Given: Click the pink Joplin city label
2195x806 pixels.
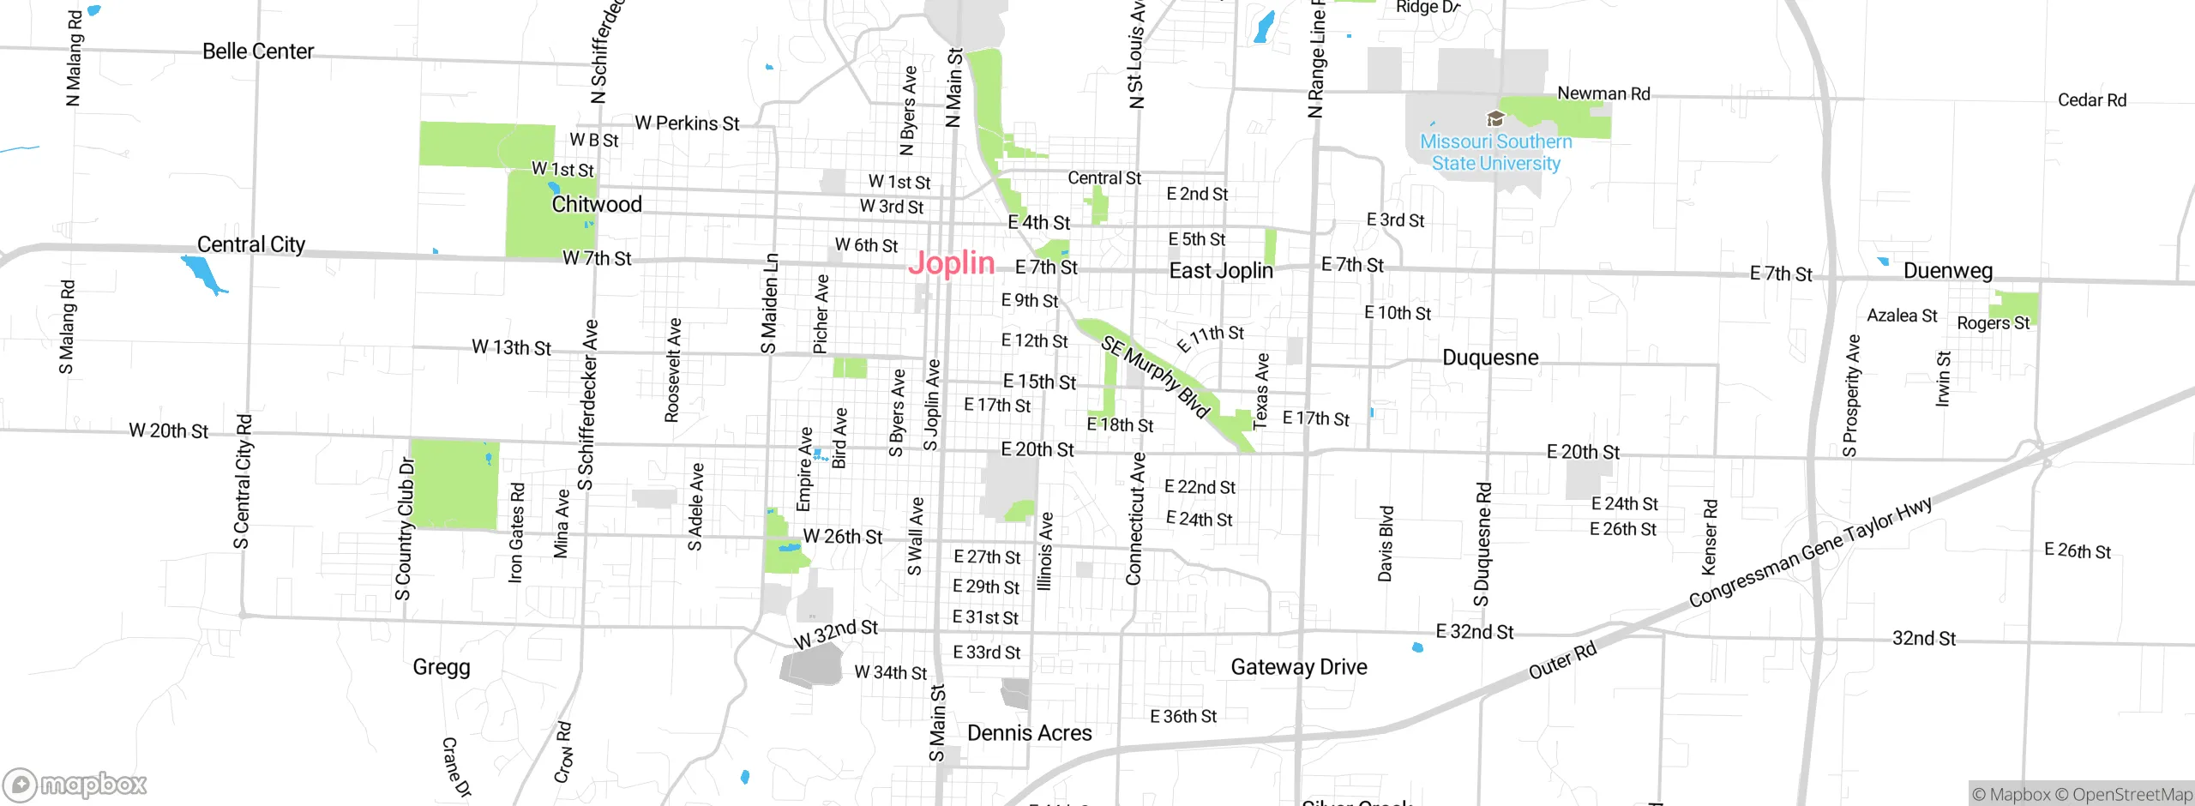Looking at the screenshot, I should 951,263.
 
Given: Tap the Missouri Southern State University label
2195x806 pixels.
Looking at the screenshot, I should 1496,153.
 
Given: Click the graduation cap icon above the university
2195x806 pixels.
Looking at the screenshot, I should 1495,118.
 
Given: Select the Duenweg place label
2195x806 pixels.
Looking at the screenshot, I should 1947,271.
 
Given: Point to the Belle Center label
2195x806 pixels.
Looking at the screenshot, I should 258,51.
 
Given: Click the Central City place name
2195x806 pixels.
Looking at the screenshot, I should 251,244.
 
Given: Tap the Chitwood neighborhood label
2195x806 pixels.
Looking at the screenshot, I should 597,204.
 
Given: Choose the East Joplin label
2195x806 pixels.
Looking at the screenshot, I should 1221,271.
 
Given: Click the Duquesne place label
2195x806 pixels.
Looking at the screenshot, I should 1490,358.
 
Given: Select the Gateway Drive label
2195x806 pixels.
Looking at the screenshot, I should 1299,667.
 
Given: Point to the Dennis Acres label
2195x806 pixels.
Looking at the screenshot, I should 1029,733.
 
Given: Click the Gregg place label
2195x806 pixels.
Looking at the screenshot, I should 442,667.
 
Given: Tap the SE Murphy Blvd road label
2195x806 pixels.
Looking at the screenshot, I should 1156,376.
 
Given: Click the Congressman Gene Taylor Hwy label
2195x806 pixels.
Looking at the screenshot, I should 1810,552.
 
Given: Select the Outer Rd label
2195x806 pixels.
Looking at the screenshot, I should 1562,660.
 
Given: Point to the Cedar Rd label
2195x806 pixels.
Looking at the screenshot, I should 2092,100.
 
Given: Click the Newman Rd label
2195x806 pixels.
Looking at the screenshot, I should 1603,93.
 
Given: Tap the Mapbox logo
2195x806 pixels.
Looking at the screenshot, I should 75,785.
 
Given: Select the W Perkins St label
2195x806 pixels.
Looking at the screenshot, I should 687,123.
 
